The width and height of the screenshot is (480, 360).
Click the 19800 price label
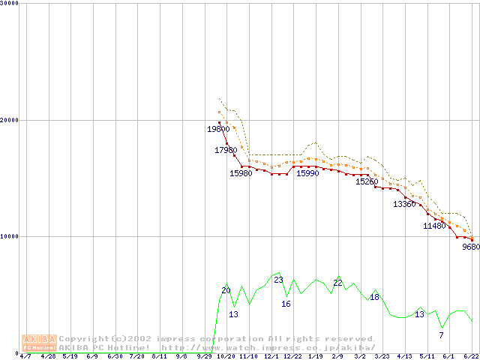click(219, 129)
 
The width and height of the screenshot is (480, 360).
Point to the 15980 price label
click(241, 173)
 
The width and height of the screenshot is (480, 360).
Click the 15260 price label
click(367, 181)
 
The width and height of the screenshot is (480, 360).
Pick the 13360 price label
click(404, 204)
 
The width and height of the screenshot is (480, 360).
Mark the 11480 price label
click(434, 226)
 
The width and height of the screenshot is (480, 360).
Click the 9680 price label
click(471, 247)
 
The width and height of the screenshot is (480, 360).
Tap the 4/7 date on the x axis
click(25, 356)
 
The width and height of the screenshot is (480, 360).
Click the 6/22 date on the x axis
click(472, 356)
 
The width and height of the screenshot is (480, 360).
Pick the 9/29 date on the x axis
click(204, 356)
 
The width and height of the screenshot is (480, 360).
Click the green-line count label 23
click(278, 280)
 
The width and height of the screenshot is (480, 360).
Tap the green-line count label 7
click(441, 334)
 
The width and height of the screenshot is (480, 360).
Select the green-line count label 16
click(286, 304)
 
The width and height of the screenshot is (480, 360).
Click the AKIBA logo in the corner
click(39, 343)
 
